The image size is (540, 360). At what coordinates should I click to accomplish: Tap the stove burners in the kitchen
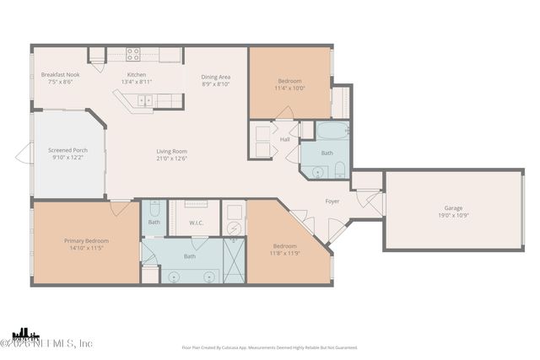click(x=133, y=55)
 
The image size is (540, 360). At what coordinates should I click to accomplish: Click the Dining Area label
click(x=216, y=77)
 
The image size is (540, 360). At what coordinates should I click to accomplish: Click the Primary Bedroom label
click(x=85, y=240)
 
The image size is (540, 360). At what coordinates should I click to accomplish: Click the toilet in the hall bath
click(x=339, y=169)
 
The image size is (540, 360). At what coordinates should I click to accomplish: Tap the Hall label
click(x=285, y=139)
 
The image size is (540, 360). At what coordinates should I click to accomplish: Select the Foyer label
click(x=333, y=201)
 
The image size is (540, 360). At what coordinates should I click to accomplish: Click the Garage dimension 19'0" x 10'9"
click(x=454, y=216)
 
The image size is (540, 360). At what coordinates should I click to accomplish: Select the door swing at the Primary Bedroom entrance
click(x=121, y=207)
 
